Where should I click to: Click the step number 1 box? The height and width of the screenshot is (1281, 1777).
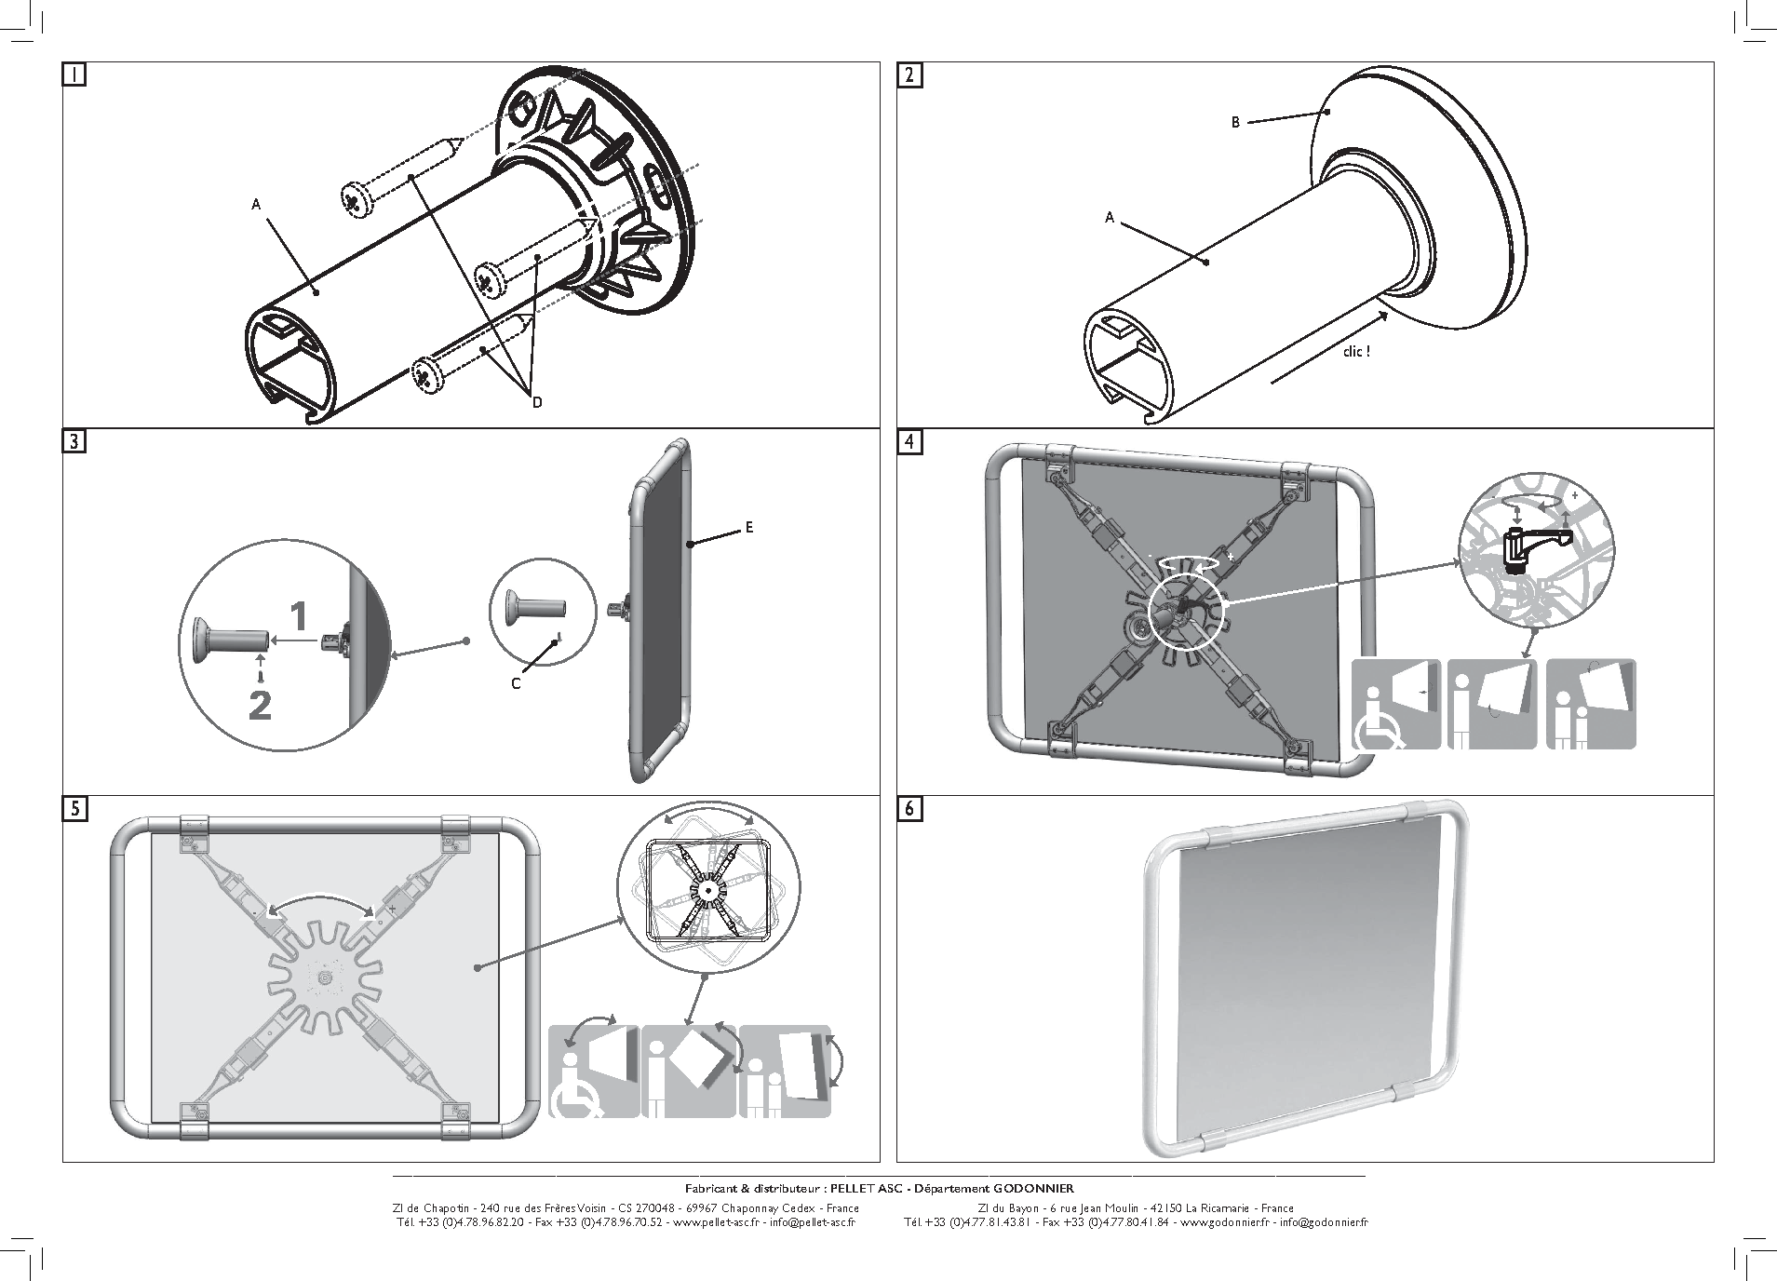[74, 74]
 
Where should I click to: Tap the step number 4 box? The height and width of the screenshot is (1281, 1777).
[909, 441]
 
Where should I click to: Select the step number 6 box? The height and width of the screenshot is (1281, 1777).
[909, 808]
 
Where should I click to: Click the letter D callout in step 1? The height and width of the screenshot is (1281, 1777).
[537, 402]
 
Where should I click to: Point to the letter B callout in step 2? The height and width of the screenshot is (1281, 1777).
[1236, 122]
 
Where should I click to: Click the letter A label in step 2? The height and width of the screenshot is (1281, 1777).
[1110, 218]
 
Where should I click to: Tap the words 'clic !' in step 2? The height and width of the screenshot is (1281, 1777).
[1356, 352]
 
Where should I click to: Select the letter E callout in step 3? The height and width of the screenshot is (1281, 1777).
[748, 528]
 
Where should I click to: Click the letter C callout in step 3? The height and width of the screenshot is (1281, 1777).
[516, 683]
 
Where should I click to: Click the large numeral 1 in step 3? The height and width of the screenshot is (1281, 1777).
[298, 615]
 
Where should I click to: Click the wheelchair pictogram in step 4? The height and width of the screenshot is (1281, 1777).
[1395, 705]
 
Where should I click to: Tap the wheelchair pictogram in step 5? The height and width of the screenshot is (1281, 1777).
[593, 1071]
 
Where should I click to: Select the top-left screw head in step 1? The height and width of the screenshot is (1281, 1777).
[355, 200]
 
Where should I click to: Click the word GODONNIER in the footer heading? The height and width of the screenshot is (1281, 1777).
[1033, 1188]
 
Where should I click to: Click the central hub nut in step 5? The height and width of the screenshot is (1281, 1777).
[323, 977]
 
